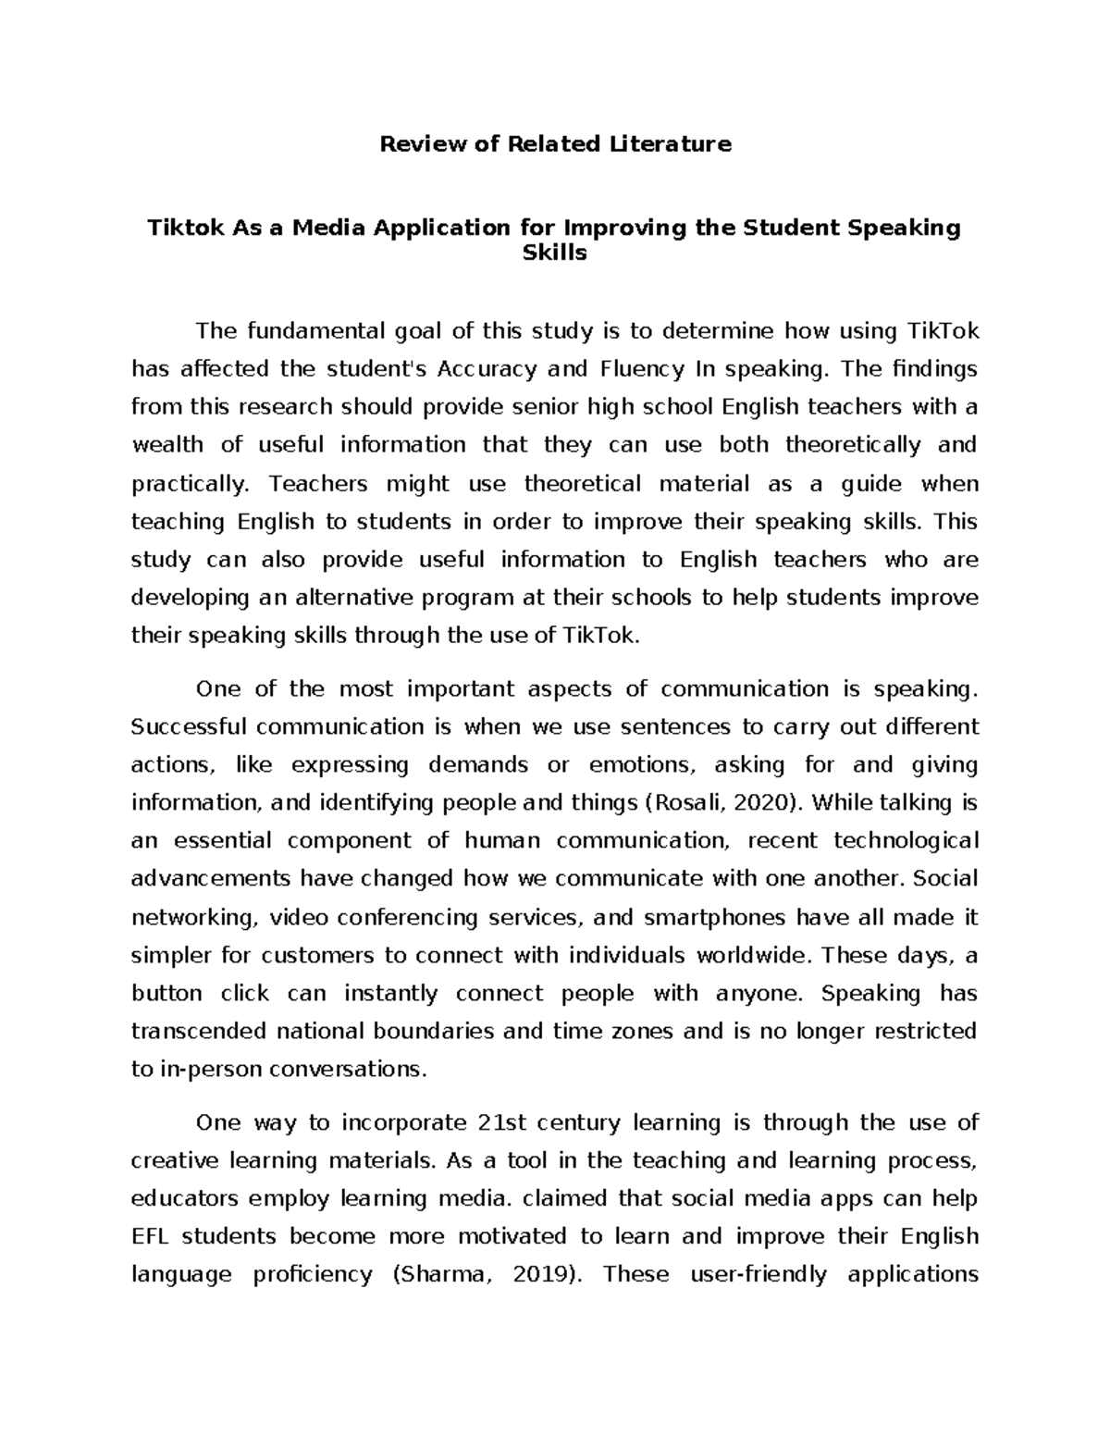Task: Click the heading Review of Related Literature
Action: click(555, 143)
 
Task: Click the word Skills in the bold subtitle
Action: click(555, 253)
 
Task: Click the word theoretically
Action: click(853, 445)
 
